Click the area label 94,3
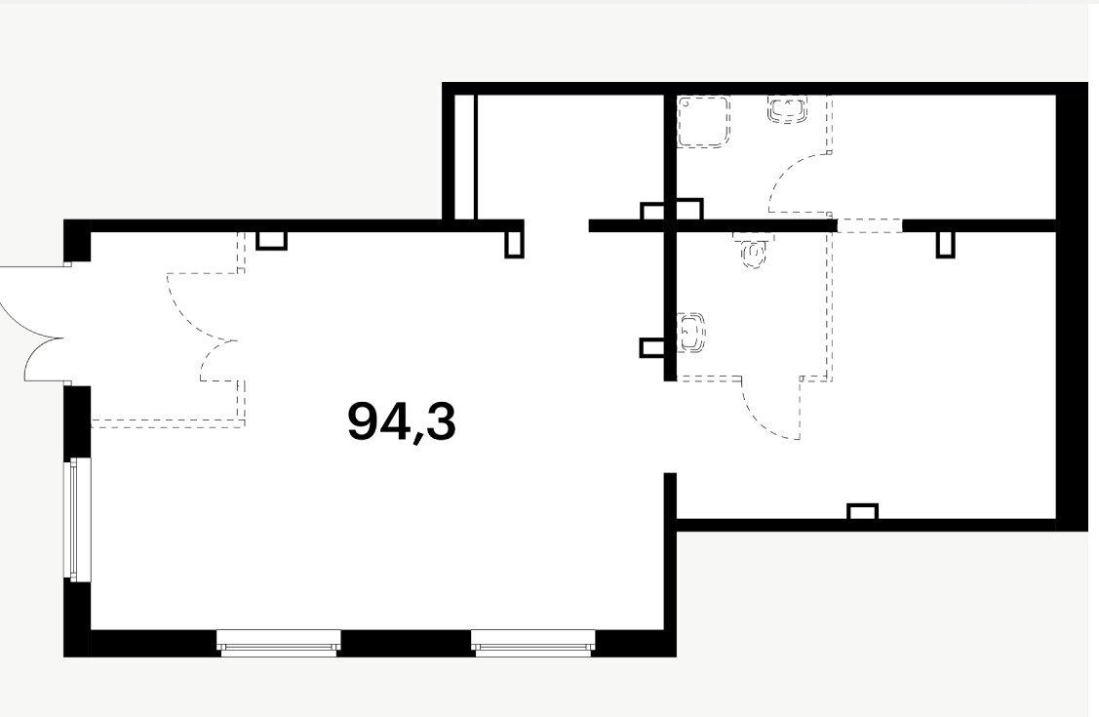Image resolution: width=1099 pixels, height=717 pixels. [x=402, y=422]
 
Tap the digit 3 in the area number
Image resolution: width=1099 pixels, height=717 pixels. [x=440, y=420]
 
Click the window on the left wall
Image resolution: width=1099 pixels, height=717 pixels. [x=78, y=519]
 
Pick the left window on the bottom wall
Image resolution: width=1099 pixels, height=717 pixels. [x=278, y=643]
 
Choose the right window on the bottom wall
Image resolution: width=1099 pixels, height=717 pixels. [x=532, y=643]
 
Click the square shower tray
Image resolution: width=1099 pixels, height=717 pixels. [x=704, y=122]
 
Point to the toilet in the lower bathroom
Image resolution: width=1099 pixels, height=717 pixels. [x=754, y=251]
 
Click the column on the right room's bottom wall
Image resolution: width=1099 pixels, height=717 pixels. [x=863, y=511]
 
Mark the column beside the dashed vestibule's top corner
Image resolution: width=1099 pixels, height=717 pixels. [x=272, y=240]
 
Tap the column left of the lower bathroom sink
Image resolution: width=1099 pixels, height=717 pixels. [x=651, y=348]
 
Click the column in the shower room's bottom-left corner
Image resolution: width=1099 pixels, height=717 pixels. [x=689, y=210]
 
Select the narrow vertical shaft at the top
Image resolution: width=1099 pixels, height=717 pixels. [x=465, y=157]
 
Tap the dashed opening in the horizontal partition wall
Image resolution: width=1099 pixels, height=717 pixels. [x=870, y=225]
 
